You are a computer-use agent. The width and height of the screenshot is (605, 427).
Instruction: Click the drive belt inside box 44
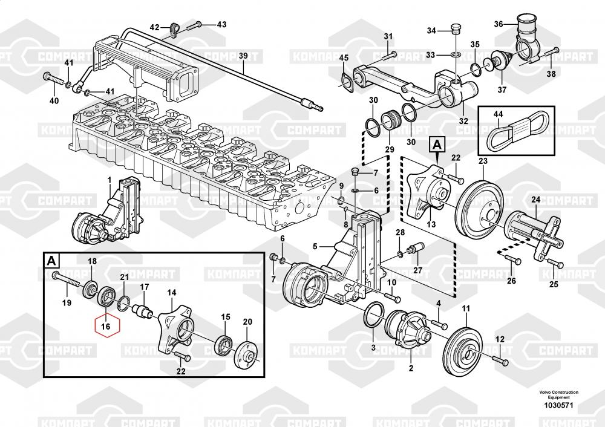(x=515, y=128)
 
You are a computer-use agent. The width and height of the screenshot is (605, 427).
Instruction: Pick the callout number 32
(x=463, y=120)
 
